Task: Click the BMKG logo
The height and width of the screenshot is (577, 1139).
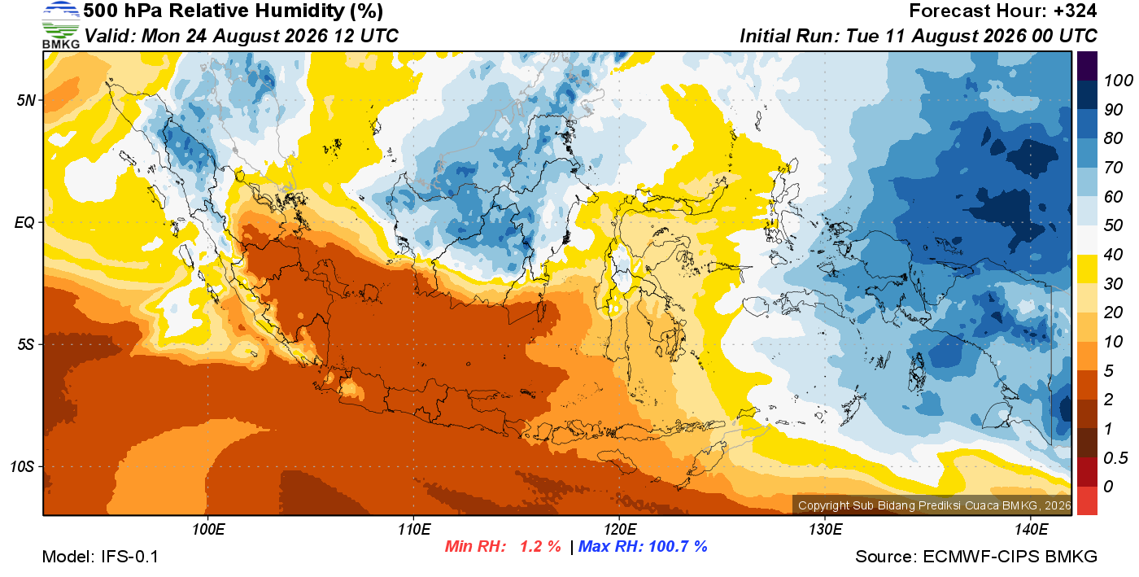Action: pos(60,25)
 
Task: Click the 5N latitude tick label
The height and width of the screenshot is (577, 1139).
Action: pos(26,100)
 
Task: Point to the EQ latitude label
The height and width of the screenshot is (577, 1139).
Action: pos(24,223)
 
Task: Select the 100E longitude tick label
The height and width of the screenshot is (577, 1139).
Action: pos(208,530)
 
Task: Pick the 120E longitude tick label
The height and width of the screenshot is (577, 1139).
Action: pos(620,530)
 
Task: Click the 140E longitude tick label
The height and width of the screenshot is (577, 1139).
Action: pos(1031,530)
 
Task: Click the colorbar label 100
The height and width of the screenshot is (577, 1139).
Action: pos(1118,81)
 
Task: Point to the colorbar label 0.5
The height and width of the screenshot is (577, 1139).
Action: pos(1115,458)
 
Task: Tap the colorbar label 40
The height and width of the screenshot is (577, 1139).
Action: pos(1113,255)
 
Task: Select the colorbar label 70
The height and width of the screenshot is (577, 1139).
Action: pos(1113,168)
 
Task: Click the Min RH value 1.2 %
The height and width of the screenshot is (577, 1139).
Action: pos(540,546)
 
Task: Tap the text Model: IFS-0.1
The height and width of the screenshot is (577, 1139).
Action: pos(100,557)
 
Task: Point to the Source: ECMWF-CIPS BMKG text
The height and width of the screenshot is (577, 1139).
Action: pos(976,557)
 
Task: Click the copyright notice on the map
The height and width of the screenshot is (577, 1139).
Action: pos(934,505)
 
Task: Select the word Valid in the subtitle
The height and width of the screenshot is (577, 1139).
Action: pos(111,36)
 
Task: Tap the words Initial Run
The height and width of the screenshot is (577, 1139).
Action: pos(788,36)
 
